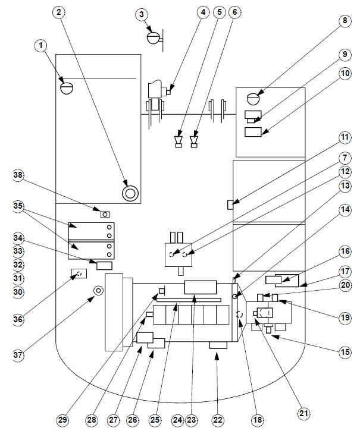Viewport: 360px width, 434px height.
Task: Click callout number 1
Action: coord(40,45)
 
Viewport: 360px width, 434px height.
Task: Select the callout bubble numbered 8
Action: coord(343,21)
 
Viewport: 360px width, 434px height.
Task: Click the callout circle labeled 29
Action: coord(64,420)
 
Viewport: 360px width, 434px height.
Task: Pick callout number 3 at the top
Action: coord(141,14)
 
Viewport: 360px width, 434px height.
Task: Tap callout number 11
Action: coord(343,138)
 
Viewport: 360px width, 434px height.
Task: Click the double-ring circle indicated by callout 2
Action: coord(130,193)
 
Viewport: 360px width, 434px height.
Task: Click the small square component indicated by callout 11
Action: coord(230,205)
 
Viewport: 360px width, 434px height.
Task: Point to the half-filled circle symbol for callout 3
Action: coord(154,37)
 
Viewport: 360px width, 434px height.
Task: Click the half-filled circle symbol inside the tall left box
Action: coord(66,87)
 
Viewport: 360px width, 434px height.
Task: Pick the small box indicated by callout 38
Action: coord(105,213)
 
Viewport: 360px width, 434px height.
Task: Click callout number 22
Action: coord(218,420)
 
